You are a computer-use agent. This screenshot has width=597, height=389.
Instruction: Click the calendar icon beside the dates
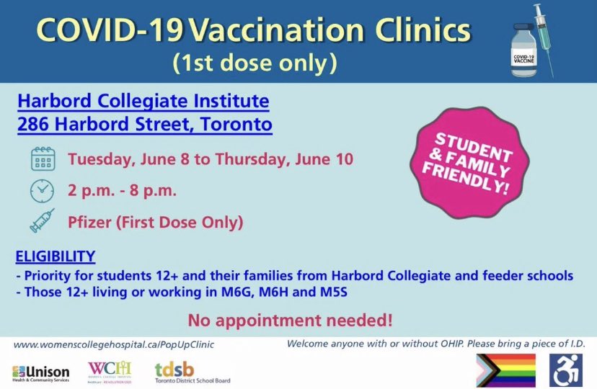(43, 158)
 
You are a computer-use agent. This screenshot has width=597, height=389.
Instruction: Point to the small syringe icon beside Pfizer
(43, 222)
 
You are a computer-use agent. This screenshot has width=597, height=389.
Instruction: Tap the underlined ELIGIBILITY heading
(55, 256)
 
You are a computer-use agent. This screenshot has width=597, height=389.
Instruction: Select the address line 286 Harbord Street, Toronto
(145, 124)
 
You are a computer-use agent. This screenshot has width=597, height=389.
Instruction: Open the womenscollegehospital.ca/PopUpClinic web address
(114, 344)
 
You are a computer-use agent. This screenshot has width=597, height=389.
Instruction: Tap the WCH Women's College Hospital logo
(109, 371)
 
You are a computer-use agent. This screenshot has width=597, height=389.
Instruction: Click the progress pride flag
(507, 370)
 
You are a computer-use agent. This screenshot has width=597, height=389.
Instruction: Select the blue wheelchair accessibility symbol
(567, 370)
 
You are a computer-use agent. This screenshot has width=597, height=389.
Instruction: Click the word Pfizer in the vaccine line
(88, 222)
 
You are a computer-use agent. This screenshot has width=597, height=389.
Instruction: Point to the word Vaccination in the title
(272, 32)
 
